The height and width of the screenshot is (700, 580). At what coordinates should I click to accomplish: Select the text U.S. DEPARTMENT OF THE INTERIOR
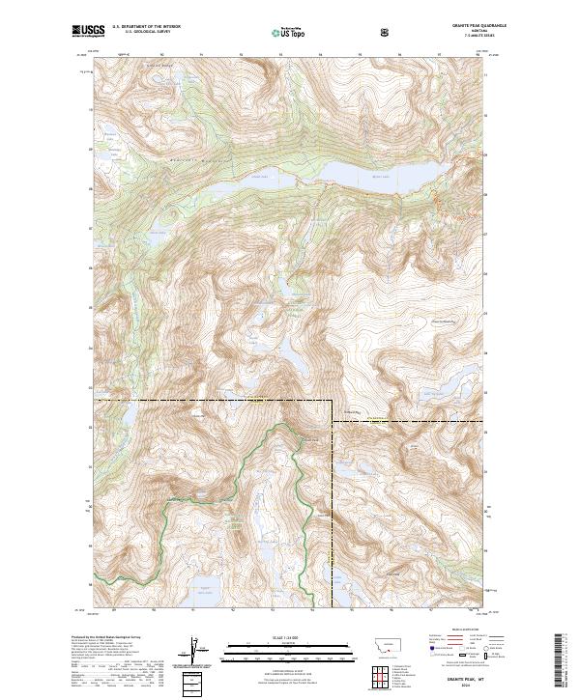[x=146, y=26]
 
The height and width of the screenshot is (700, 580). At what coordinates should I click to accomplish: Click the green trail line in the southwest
[x=193, y=499]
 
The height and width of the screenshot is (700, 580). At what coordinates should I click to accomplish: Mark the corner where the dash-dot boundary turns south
[x=333, y=399]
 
